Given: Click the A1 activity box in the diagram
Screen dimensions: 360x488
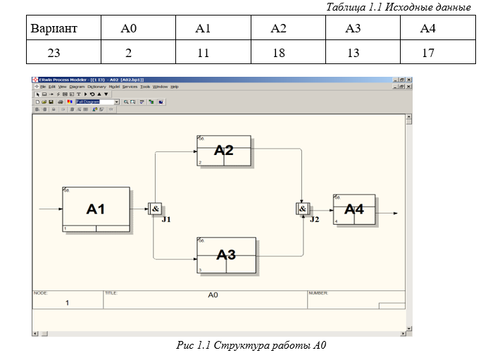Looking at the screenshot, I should pyautogui.click(x=96, y=209).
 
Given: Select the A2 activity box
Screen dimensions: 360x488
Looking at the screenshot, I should pyautogui.click(x=223, y=150).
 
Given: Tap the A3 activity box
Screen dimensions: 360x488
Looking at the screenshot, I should pyautogui.click(x=225, y=254).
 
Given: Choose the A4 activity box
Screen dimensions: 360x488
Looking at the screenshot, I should pyautogui.click(x=354, y=209).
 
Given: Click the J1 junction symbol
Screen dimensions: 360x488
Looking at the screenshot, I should pyautogui.click(x=155, y=209).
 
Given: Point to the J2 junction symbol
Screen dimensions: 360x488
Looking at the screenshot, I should pyautogui.click(x=303, y=209).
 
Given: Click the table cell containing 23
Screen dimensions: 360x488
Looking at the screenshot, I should pyautogui.click(x=54, y=52).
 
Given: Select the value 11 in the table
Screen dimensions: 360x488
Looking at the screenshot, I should pyautogui.click(x=203, y=52).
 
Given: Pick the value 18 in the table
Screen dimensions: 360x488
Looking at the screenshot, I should pyautogui.click(x=278, y=52).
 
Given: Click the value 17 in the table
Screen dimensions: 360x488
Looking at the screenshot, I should pyautogui.click(x=427, y=52).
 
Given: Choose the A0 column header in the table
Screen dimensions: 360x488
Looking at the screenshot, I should pyautogui.click(x=128, y=29).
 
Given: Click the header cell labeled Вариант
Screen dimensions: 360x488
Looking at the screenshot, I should pyautogui.click(x=54, y=29).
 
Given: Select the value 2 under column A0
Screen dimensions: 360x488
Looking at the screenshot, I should pyautogui.click(x=128, y=52).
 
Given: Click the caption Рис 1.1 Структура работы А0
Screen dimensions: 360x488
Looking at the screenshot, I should pyautogui.click(x=250, y=346).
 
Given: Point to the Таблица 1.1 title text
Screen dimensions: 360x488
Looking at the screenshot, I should pyautogui.click(x=399, y=7).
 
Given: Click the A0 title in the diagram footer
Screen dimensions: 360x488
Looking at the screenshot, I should pyautogui.click(x=213, y=295).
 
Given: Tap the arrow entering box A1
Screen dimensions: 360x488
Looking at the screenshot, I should pyautogui.click(x=51, y=209).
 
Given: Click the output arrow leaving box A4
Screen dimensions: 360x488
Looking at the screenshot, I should pyautogui.click(x=387, y=212).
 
